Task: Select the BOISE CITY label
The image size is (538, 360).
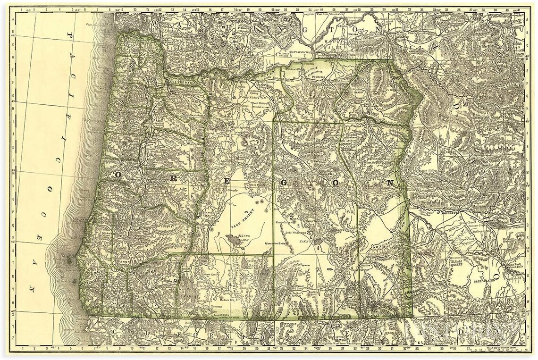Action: coord(452,213)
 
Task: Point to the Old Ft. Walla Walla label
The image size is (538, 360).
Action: coord(301,51)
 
